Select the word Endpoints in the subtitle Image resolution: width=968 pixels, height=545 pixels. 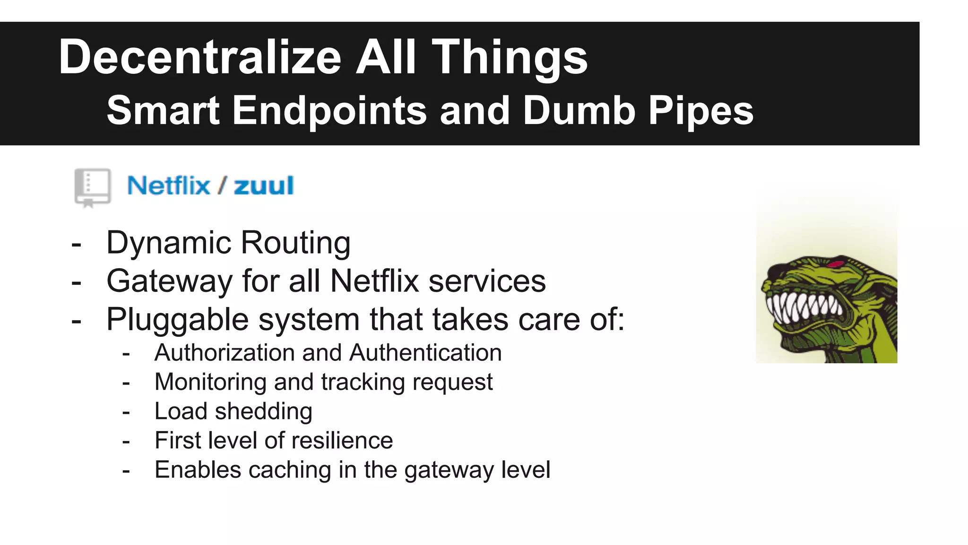pyautogui.click(x=329, y=111)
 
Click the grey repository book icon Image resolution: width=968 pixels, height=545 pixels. pyautogui.click(x=92, y=187)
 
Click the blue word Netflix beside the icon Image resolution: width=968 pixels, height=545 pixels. pyautogui.click(x=168, y=185)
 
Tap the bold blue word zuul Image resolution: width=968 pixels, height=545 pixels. pyautogui.click(x=264, y=185)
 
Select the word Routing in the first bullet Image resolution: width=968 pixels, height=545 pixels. pyautogui.click(x=295, y=243)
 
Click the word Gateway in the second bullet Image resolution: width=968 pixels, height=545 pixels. pyautogui.click(x=169, y=281)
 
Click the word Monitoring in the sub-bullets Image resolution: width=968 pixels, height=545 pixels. pyautogui.click(x=210, y=382)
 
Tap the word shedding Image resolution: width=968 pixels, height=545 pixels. pyautogui.click(x=263, y=412)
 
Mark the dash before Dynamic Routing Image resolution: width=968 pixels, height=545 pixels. pyautogui.click(x=76, y=245)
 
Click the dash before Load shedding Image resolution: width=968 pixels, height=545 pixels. pyautogui.click(x=126, y=413)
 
